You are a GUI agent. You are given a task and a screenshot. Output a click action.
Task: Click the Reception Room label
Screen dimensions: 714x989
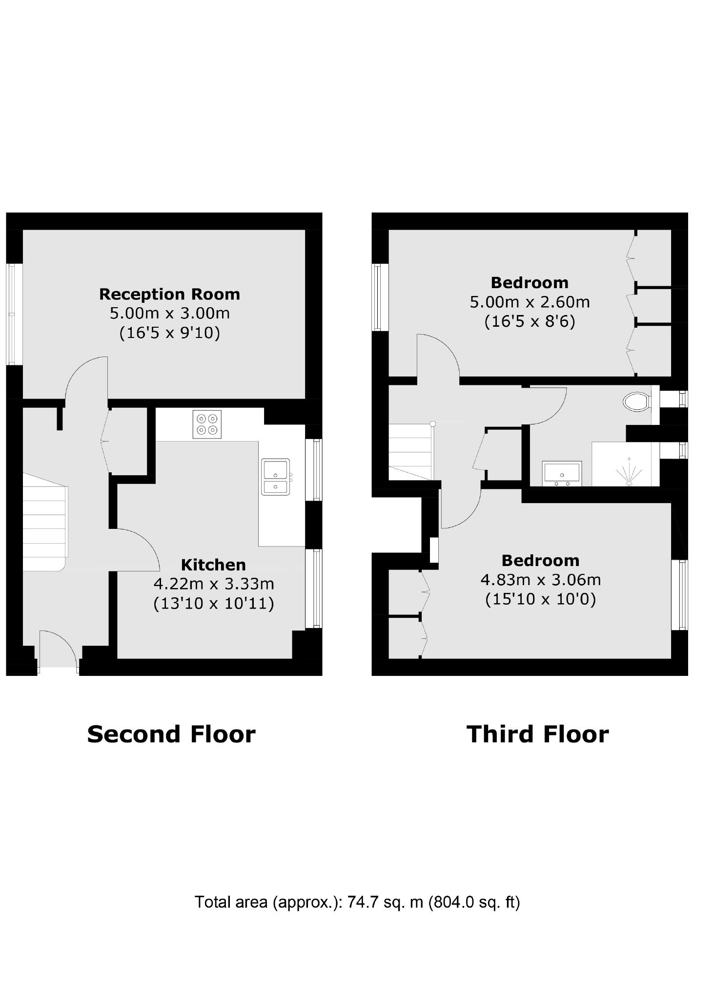pos(169,295)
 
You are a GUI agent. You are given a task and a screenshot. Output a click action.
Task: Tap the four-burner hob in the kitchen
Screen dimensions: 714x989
pos(207,424)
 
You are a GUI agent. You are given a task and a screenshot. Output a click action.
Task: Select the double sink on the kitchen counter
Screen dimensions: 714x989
pos(276,476)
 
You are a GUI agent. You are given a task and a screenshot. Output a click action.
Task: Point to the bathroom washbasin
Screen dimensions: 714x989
pos(562,473)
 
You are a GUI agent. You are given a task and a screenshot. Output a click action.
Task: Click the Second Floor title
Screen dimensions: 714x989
pos(171,734)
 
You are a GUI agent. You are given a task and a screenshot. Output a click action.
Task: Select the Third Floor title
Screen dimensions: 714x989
pos(537,734)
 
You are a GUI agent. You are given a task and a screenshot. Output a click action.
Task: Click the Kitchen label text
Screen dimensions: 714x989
pos(213,565)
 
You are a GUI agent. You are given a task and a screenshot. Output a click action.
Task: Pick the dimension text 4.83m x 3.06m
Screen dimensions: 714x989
pos(541,580)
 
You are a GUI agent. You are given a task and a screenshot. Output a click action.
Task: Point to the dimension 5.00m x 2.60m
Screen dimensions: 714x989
pos(530,302)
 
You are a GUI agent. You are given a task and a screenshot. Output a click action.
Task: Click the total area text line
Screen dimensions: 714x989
pos(357,902)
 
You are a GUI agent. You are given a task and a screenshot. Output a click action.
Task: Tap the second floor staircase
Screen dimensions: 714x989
pos(44,522)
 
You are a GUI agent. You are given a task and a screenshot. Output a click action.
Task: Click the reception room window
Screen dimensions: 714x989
pos(15,314)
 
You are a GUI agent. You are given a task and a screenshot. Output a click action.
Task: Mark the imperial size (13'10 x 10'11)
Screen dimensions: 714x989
pos(214,604)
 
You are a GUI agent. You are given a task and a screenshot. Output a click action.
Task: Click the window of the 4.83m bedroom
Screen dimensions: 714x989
pos(680,594)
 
